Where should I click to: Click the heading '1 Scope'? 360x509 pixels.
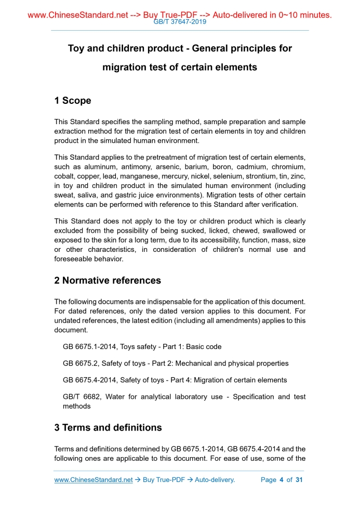point(73,101)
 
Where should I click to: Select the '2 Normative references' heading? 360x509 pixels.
point(108,280)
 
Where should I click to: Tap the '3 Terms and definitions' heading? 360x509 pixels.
point(108,428)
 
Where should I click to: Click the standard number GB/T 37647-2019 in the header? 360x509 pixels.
point(180,22)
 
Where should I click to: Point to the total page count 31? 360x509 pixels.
point(299,480)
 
